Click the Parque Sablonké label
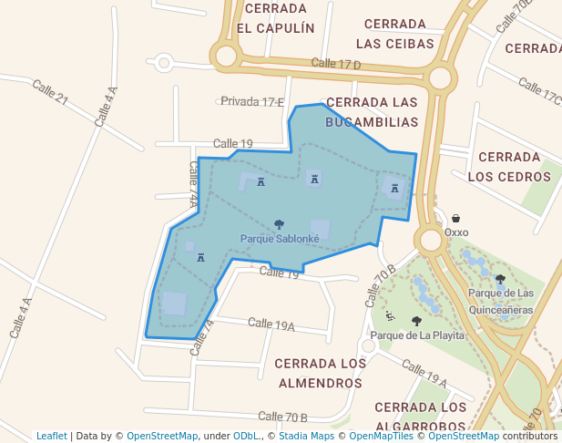tap(280, 239)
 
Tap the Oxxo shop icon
tap(455, 219)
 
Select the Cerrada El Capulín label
tap(275, 18)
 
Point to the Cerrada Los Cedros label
tap(510, 167)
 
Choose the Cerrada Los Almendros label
tap(320, 373)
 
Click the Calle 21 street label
tap(50, 92)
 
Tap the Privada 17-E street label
tap(252, 101)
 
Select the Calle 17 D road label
tap(336, 64)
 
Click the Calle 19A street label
tap(271, 325)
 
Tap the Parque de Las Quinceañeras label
tap(501, 301)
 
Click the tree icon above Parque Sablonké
tap(279, 223)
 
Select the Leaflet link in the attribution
tap(51, 436)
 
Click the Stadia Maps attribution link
tap(307, 436)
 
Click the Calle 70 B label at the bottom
tap(282, 417)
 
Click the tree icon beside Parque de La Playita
tap(416, 321)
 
